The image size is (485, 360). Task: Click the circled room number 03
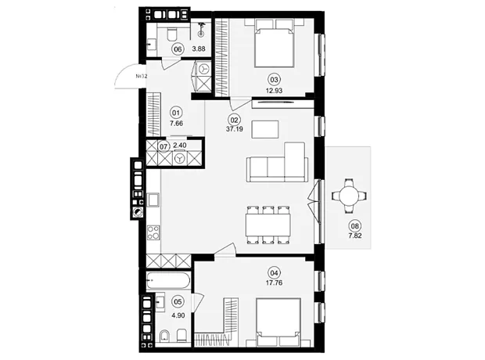point(274,80)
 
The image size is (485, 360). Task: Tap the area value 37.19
point(235,129)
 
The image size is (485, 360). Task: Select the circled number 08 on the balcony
point(355,226)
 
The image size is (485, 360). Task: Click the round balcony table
point(349,196)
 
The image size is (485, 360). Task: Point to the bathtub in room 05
point(168,280)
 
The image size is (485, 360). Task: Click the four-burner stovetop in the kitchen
point(153,232)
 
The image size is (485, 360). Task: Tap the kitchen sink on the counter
point(153,200)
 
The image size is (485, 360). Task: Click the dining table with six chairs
point(268,225)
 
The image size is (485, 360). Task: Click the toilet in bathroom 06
point(171,34)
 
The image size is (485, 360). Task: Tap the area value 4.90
point(178,315)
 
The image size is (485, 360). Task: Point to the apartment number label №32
point(141,76)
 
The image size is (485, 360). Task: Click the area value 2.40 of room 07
point(180,146)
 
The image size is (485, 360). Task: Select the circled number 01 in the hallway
point(176,113)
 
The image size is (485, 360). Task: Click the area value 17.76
point(274,283)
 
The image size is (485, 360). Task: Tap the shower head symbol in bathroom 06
point(201,30)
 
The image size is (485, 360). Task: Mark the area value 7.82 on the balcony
point(355,236)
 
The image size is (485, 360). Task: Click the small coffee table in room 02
point(265,129)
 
